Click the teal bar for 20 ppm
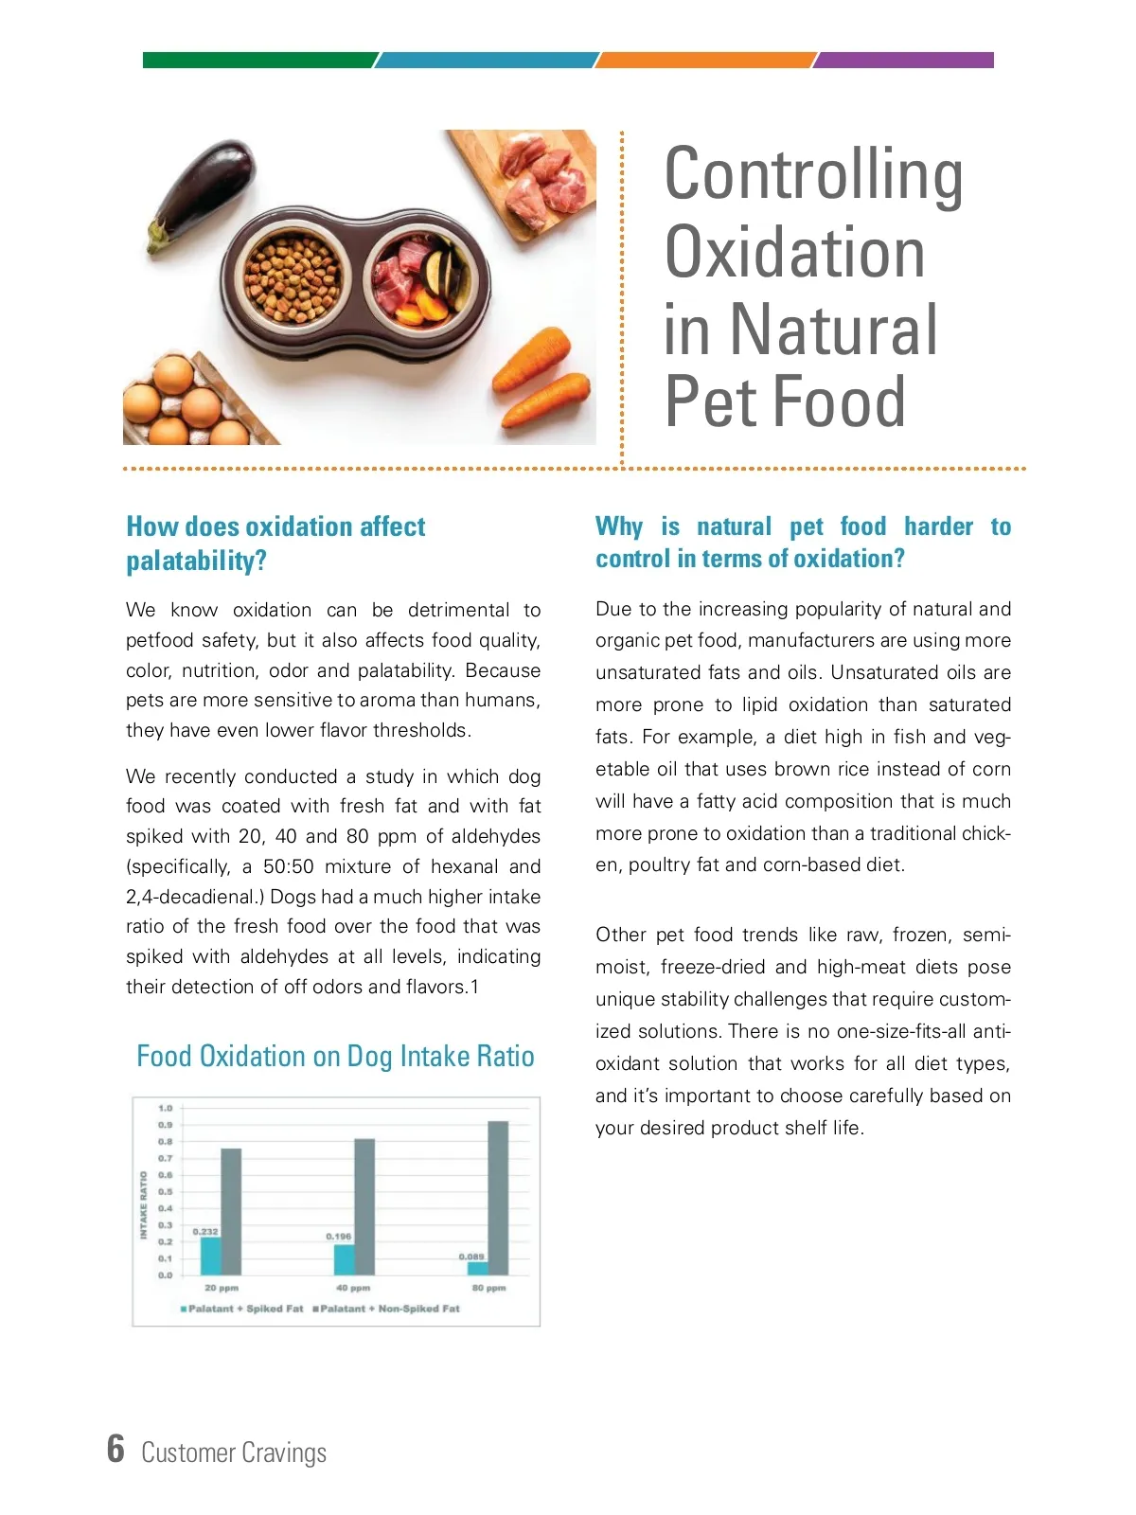(x=210, y=1256)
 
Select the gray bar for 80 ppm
(x=498, y=1198)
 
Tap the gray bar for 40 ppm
(x=364, y=1206)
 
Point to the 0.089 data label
(x=471, y=1257)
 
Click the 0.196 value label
(x=338, y=1237)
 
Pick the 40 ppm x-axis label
(x=353, y=1288)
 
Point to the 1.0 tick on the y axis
(x=166, y=1108)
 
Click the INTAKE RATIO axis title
(x=144, y=1204)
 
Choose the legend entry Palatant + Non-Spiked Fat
(x=389, y=1309)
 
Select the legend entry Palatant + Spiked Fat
(x=244, y=1309)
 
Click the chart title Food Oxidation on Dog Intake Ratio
(x=335, y=1056)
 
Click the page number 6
(x=115, y=1449)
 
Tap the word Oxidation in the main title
(x=794, y=253)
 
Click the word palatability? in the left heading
(x=197, y=561)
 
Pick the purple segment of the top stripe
(x=904, y=60)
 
